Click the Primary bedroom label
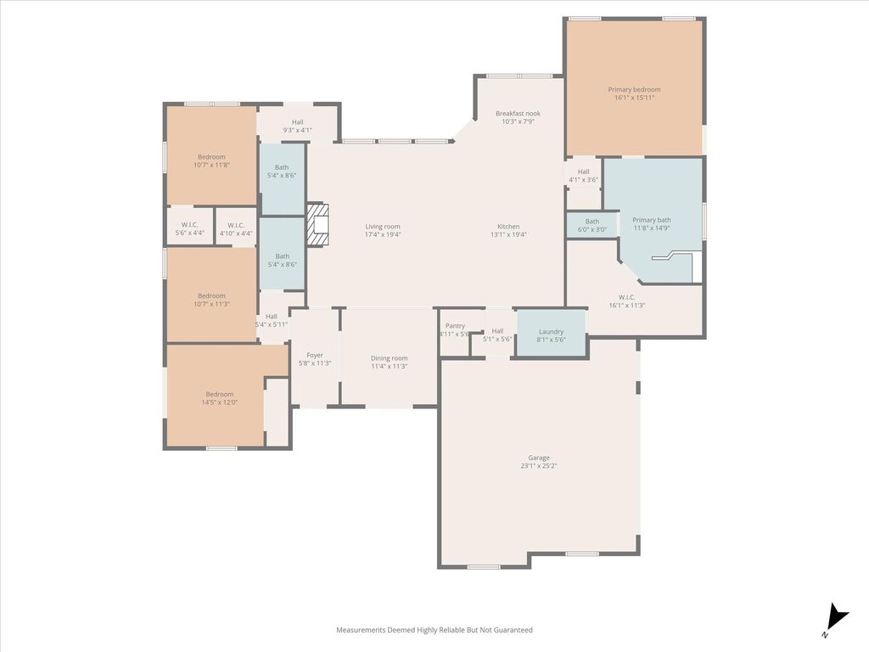(634, 89)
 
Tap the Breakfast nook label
(518, 113)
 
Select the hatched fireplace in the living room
(318, 224)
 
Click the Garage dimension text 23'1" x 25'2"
(539, 466)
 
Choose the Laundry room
(551, 333)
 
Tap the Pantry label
(455, 326)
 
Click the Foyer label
(315, 356)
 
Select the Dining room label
(389, 358)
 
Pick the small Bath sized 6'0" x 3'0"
(591, 225)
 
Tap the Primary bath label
(652, 220)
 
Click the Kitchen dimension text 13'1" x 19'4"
(508, 234)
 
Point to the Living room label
(383, 226)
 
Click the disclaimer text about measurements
(434, 630)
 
